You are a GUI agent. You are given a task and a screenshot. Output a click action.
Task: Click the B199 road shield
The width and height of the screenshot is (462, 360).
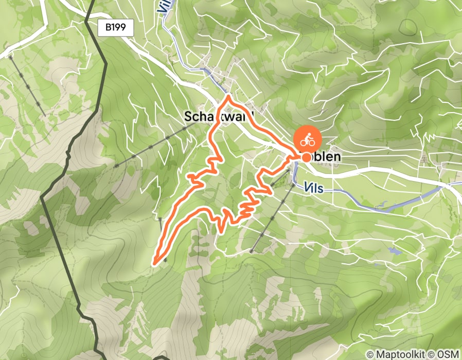click(116, 28)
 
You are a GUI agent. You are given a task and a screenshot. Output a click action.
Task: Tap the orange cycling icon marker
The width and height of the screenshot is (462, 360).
click(307, 139)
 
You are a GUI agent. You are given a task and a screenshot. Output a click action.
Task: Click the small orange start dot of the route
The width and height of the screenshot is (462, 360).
click(307, 157)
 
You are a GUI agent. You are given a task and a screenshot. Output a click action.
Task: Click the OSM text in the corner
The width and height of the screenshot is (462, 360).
click(449, 354)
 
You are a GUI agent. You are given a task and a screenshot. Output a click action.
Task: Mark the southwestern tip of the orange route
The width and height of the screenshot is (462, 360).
click(155, 263)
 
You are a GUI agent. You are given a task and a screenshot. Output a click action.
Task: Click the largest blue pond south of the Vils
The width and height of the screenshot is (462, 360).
click(394, 251)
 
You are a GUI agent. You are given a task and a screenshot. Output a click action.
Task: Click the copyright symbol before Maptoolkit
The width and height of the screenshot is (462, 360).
click(370, 354)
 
